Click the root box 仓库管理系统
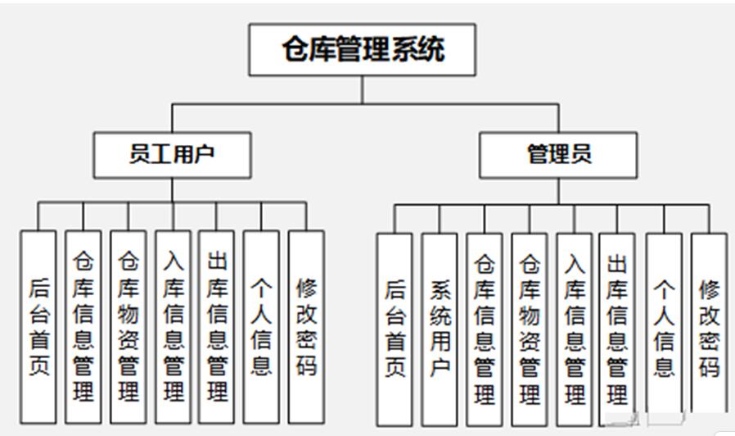click(x=363, y=49)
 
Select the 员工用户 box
click(x=172, y=154)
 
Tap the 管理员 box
click(x=559, y=154)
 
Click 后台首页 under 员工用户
click(x=38, y=326)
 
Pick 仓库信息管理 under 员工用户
click(x=83, y=326)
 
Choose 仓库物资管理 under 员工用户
click(x=129, y=326)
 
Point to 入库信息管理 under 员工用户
click(x=174, y=326)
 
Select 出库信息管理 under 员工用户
click(x=217, y=326)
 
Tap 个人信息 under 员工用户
click(x=262, y=326)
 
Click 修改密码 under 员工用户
click(x=306, y=326)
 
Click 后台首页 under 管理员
click(x=395, y=328)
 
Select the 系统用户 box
click(x=440, y=328)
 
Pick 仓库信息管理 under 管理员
click(x=485, y=328)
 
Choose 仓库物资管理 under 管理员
click(x=530, y=328)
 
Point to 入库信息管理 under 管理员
click(x=574, y=328)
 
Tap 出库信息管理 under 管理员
click(x=617, y=328)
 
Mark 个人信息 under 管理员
click(x=664, y=328)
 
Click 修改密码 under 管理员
click(x=709, y=328)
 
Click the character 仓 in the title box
click(x=295, y=49)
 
